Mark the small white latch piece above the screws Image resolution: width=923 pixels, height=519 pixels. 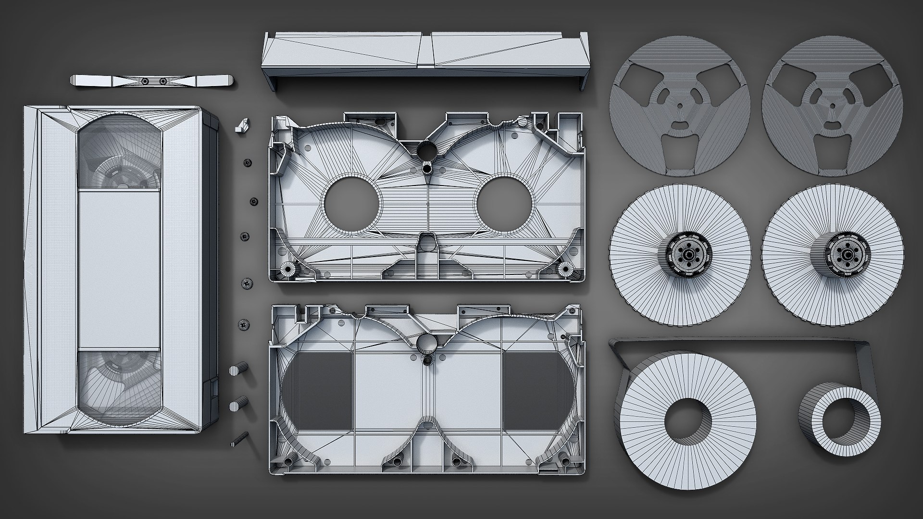click(x=242, y=125)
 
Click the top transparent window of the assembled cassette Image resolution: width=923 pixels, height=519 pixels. click(x=119, y=151)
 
